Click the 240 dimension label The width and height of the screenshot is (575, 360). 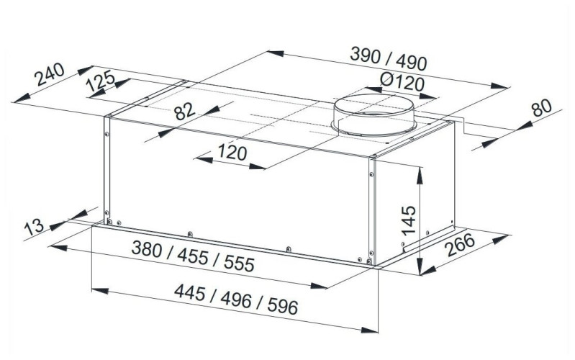click(49, 74)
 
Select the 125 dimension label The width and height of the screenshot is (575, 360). click(100, 81)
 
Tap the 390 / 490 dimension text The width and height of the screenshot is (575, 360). click(389, 59)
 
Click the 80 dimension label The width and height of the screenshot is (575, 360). click(542, 107)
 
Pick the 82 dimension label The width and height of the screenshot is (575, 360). click(185, 111)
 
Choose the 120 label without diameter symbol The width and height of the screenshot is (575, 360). click(232, 153)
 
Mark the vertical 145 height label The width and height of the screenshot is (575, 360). click(409, 220)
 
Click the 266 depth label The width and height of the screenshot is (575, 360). click(461, 245)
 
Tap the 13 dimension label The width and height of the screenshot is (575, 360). click(34, 227)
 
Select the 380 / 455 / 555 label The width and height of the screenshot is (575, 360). click(193, 256)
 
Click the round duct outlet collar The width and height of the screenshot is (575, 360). click(373, 115)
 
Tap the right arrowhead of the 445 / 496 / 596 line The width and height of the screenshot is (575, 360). click(369, 330)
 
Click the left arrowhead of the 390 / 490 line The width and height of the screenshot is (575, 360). click(276, 53)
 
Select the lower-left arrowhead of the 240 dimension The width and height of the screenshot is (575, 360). click(22, 98)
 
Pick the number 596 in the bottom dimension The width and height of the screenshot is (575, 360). click(283, 306)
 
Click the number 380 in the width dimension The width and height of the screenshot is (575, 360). click(147, 249)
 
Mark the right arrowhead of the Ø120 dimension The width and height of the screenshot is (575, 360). click(429, 96)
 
